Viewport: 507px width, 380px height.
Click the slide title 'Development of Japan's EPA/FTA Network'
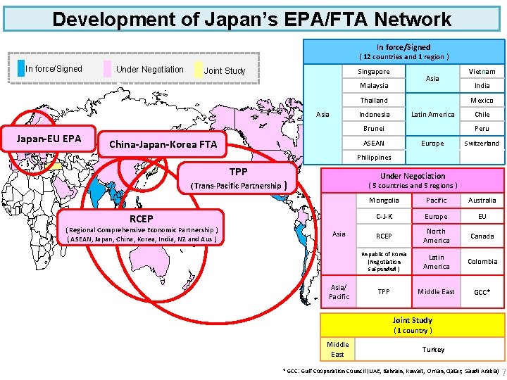[x=251, y=18]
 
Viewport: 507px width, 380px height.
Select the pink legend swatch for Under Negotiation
[x=108, y=69]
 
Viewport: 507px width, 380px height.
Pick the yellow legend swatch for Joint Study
[x=198, y=70]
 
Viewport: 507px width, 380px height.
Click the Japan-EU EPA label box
[x=49, y=138]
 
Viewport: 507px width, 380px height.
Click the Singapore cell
[x=373, y=72]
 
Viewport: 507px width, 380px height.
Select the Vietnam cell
[x=482, y=72]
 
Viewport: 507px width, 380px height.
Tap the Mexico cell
[x=482, y=101]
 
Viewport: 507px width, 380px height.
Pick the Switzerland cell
[x=482, y=144]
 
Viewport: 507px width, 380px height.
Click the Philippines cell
[x=373, y=158]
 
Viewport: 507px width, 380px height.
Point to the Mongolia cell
[x=384, y=201]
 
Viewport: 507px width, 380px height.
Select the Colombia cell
[x=482, y=262]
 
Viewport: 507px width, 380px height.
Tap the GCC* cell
[x=482, y=291]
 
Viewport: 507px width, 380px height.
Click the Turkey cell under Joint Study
[x=433, y=349]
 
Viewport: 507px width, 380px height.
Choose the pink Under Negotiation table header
[x=413, y=179]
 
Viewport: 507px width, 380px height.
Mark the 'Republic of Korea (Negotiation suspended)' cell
[x=384, y=262]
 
